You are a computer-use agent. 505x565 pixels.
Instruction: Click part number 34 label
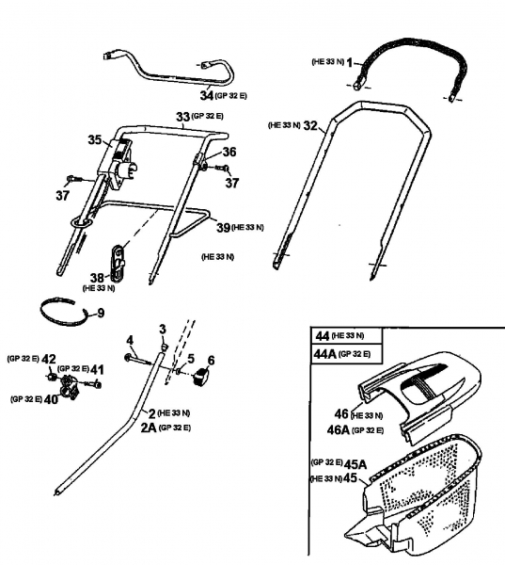(207, 96)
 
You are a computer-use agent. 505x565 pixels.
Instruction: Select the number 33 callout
(182, 117)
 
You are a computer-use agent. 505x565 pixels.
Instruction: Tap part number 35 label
(95, 139)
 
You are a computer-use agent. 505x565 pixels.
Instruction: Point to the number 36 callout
(229, 152)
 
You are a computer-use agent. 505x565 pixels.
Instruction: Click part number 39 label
(223, 228)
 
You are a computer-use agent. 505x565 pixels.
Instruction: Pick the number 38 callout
(97, 278)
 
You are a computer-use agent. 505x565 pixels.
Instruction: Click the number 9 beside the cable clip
(101, 313)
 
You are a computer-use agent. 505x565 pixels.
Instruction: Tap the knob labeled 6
(200, 376)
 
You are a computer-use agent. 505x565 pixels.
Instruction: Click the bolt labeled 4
(137, 360)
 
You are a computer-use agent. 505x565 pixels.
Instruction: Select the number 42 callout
(49, 360)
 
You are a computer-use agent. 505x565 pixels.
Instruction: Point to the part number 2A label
(149, 428)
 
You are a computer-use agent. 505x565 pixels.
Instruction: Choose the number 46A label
(339, 430)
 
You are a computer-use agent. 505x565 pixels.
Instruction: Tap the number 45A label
(355, 464)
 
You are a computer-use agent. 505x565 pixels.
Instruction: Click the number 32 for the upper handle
(310, 126)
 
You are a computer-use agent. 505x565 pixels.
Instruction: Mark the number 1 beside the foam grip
(350, 63)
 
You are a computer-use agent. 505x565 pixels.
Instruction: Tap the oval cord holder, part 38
(118, 263)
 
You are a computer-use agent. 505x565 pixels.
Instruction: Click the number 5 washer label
(191, 359)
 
